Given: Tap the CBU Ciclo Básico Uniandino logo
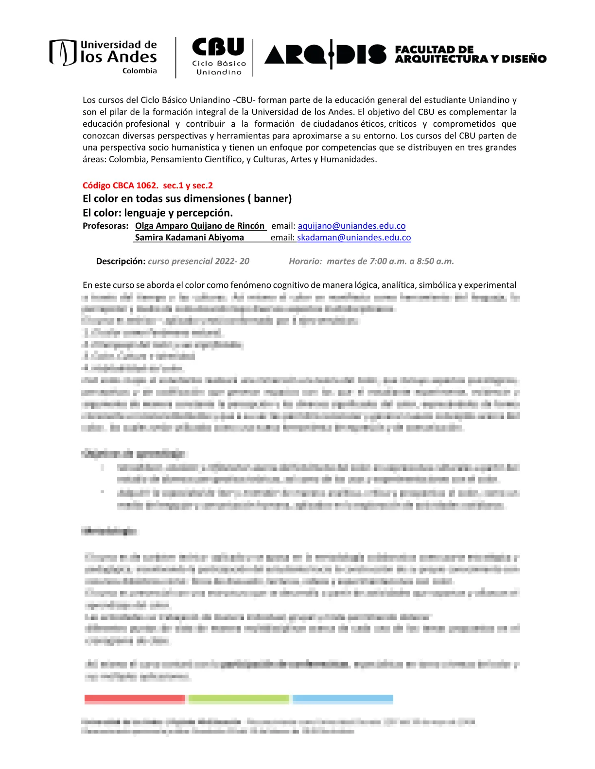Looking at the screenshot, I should (219, 56).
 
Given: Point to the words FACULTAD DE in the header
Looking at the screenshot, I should (434, 50).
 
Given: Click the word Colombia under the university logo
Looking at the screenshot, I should (140, 71).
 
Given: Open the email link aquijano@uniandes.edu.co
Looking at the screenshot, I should (351, 226).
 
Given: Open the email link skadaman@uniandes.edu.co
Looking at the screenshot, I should (354, 237).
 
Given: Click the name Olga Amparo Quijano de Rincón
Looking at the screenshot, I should (200, 226).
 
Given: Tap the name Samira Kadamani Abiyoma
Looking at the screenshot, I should (190, 237).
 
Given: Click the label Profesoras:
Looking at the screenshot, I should (105, 226).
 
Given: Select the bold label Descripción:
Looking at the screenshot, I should (121, 261).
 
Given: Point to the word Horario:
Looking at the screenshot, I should (305, 261).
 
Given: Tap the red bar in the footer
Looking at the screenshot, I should (135, 699).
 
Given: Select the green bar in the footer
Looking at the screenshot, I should (239, 699).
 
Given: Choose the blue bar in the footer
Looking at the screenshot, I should (343, 699).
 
